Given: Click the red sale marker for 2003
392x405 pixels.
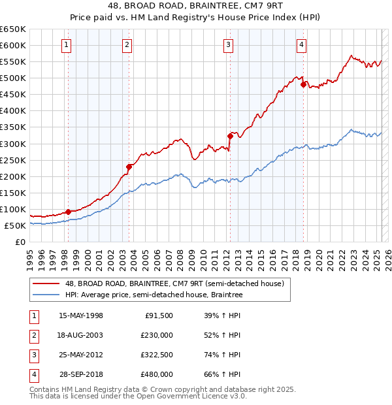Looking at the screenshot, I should pos(129,167).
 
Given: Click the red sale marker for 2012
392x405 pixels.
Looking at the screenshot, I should pos(230,136).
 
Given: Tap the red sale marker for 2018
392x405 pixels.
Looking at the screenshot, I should pos(303,84).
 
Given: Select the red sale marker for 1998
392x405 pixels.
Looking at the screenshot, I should pos(68,212).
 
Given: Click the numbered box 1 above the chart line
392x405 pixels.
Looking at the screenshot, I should pos(67,45).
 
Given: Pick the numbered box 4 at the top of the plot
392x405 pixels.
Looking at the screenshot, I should pos(301,45).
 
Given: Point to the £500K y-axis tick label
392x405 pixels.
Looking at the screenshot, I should pos(13,78).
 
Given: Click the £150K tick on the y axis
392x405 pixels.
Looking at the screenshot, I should pos(13,193).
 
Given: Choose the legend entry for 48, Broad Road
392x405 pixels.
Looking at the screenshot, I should pos(174,284).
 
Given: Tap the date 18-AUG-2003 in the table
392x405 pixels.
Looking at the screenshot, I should pos(81,334).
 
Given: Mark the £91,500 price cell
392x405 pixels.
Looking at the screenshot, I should pos(158,315).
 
